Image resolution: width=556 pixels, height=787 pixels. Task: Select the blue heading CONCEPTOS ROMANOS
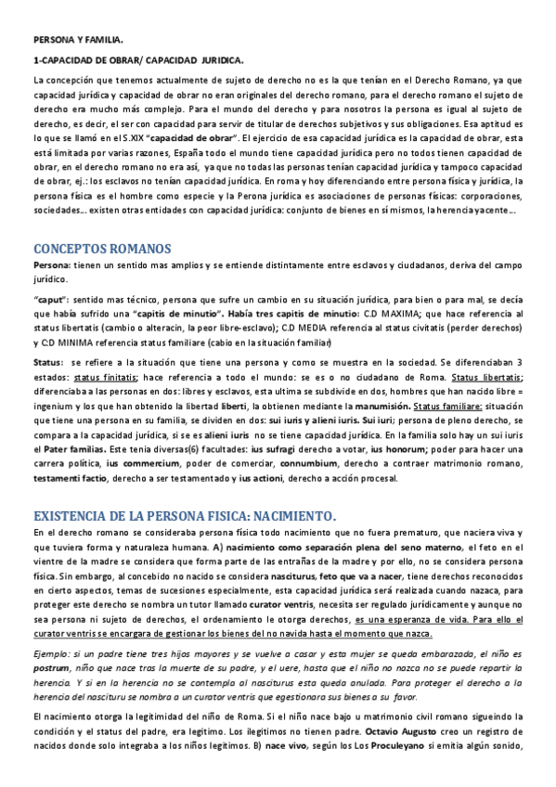pyautogui.click(x=102, y=249)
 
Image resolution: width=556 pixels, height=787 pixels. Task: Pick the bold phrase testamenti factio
pyautogui.click(x=70, y=478)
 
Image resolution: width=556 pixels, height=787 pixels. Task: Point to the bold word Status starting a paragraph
pyautogui.click(x=47, y=363)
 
